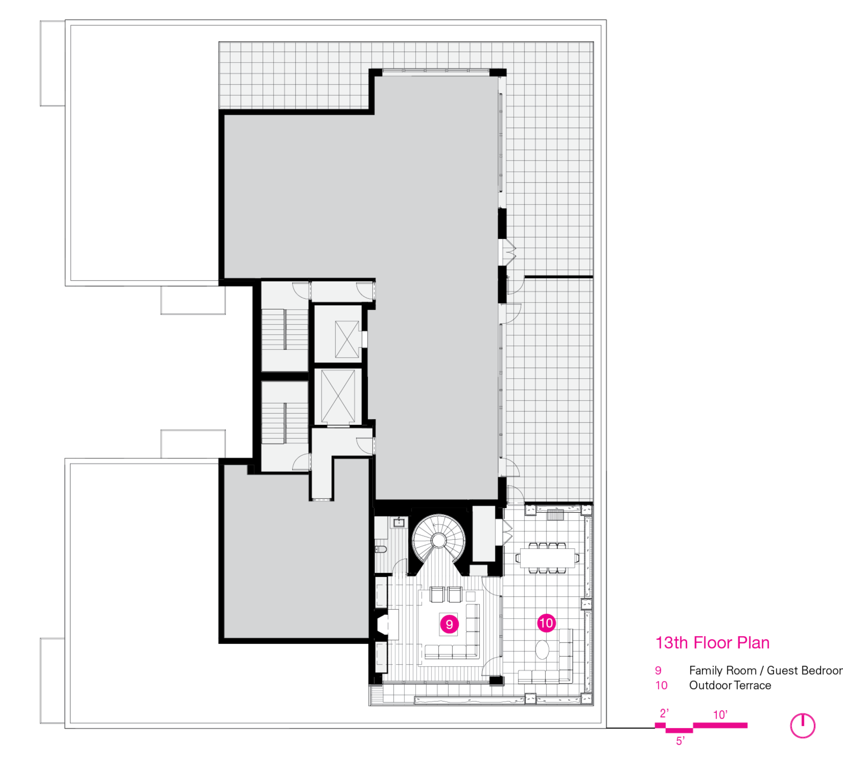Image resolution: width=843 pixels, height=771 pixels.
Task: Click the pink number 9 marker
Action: [x=449, y=624]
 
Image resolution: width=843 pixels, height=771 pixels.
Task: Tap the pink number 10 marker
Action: [x=546, y=623]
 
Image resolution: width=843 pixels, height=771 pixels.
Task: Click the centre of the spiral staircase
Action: [x=439, y=540]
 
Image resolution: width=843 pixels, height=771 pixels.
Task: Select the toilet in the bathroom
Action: [x=381, y=549]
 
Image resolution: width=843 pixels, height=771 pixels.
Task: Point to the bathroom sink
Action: [x=399, y=523]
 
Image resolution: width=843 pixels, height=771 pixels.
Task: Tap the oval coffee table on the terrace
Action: [x=542, y=650]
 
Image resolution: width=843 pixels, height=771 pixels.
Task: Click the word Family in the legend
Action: [x=706, y=671]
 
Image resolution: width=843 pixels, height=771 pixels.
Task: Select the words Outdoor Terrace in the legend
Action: [x=730, y=685]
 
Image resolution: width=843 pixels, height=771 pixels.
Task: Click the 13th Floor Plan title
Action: [x=712, y=643]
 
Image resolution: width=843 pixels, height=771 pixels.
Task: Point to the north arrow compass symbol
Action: [x=802, y=726]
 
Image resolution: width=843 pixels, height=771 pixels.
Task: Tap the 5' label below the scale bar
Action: [x=680, y=741]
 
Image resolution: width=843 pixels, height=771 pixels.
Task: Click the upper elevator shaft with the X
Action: [x=347, y=339]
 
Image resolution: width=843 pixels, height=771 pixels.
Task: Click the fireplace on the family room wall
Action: [x=383, y=625]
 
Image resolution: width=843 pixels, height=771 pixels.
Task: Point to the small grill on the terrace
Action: [x=555, y=514]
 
